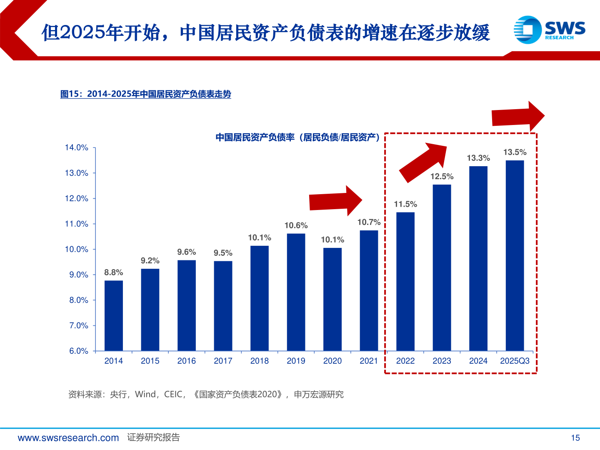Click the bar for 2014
(113, 315)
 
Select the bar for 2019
(296, 292)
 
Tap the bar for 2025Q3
(515, 255)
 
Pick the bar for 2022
(405, 281)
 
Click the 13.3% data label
(478, 158)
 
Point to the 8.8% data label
(113, 272)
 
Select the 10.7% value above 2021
(369, 222)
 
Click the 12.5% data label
(442, 176)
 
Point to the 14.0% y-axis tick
(77, 147)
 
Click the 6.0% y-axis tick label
(78, 351)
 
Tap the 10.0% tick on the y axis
(77, 249)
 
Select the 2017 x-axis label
(223, 361)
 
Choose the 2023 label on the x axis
(442, 361)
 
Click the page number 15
(575, 437)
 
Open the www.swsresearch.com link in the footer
(68, 437)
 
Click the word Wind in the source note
(145, 394)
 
